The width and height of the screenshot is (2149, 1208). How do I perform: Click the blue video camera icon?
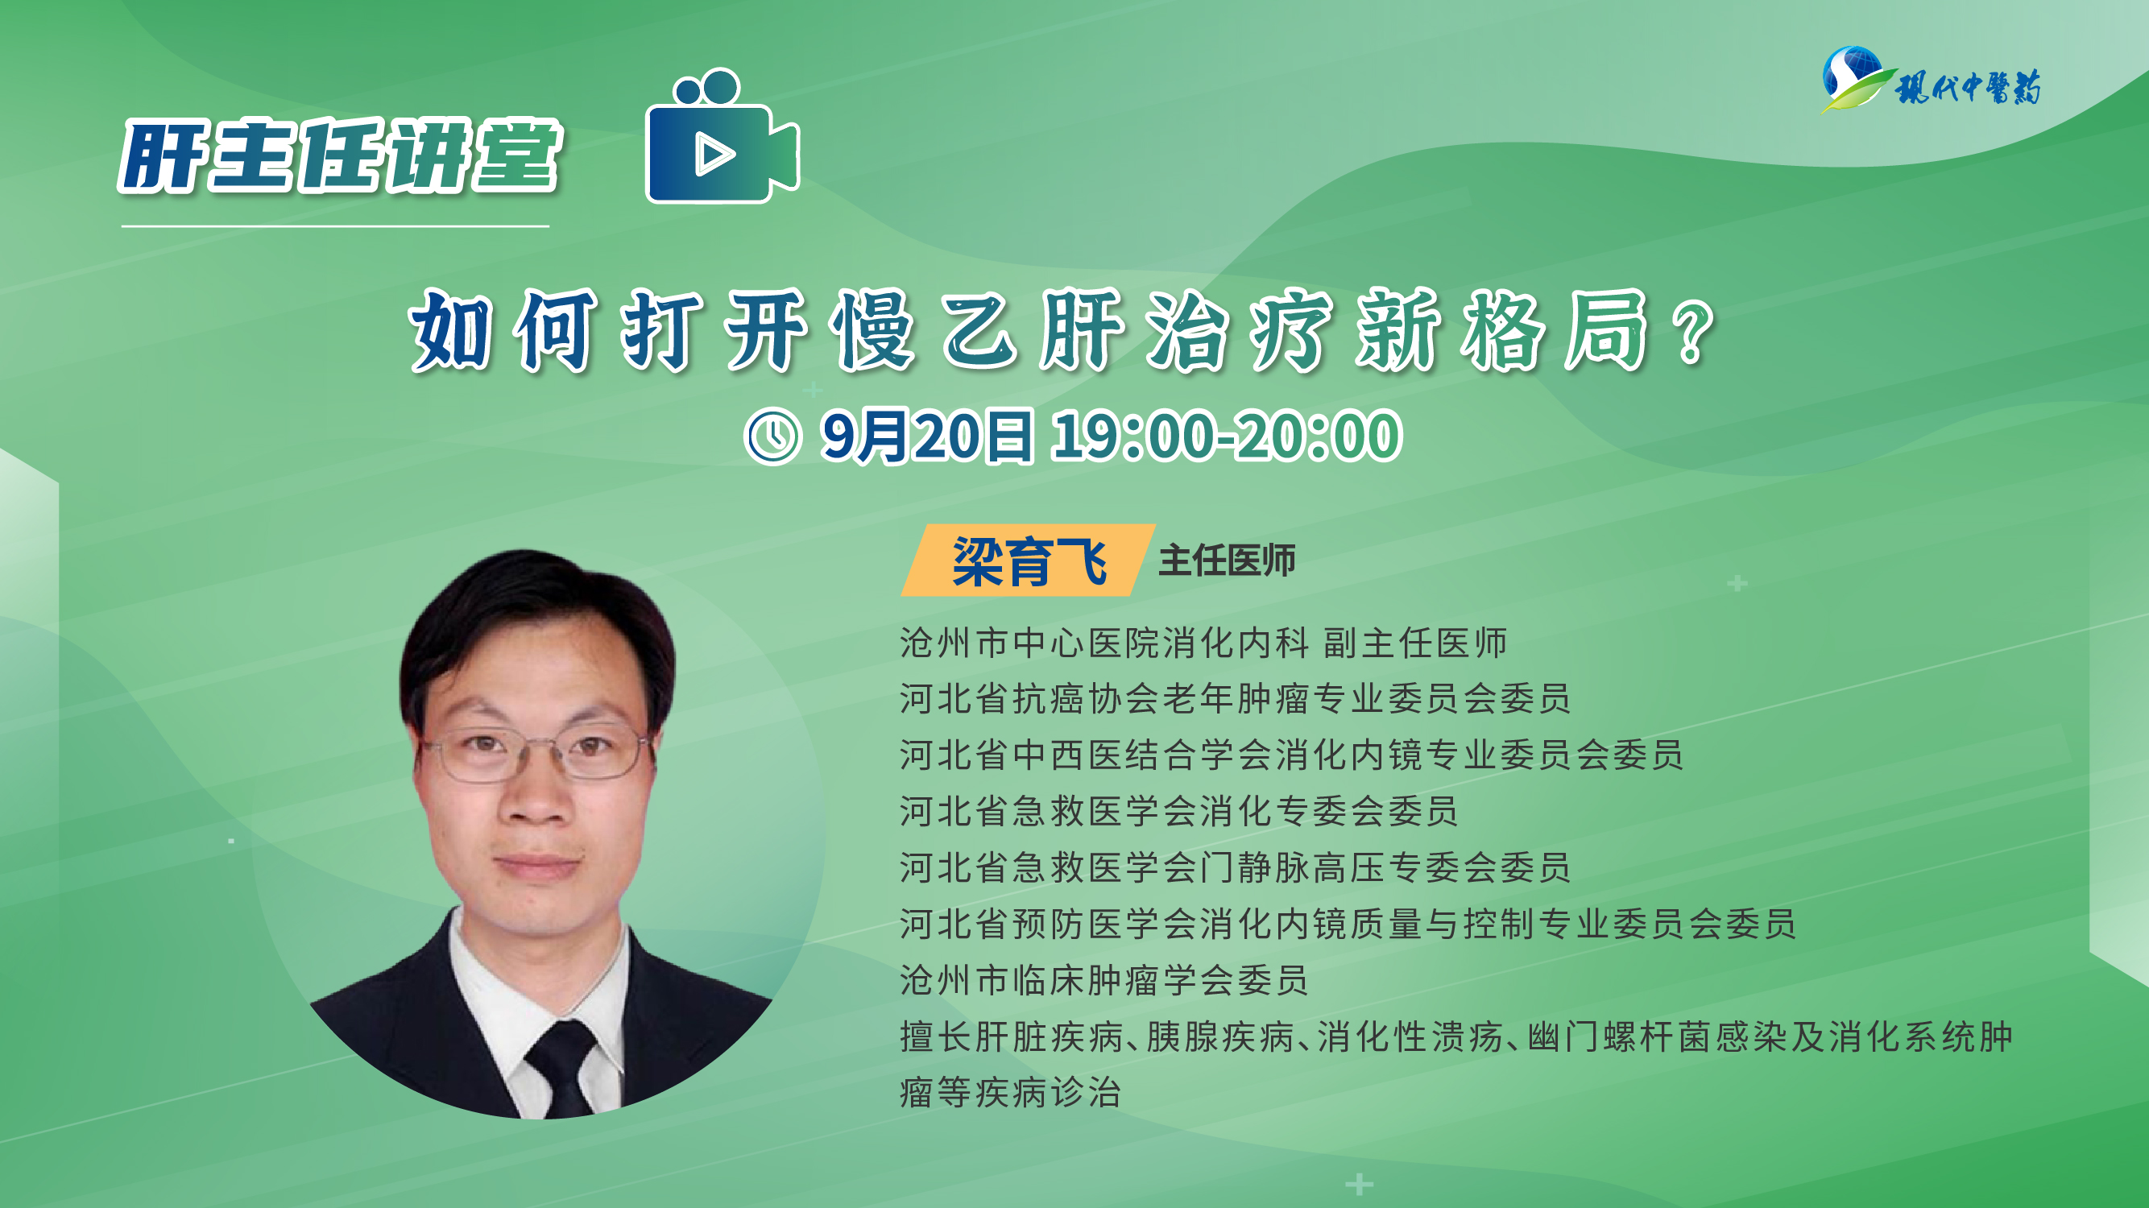click(723, 138)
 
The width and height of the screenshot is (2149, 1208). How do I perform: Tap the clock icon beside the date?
click(772, 436)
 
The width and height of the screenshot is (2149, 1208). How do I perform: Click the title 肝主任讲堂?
click(341, 156)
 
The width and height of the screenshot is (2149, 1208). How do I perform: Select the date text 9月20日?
click(927, 436)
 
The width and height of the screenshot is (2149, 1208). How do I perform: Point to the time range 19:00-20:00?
click(1226, 436)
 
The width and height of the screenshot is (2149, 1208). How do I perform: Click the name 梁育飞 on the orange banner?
click(1029, 561)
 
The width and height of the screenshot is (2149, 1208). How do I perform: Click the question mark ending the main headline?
click(1695, 332)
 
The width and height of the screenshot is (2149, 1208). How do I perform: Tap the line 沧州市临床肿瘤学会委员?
click(1103, 980)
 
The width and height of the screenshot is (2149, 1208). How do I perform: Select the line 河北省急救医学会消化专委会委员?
click(1178, 811)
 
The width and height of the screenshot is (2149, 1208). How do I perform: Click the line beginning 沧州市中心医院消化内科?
click(1204, 643)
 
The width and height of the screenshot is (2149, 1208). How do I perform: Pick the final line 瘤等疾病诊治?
click(1010, 1092)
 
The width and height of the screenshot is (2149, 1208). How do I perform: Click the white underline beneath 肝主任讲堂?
click(335, 226)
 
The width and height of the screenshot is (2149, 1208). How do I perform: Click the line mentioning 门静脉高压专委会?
click(1236, 867)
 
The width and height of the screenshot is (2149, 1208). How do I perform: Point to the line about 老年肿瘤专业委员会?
click(1236, 698)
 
